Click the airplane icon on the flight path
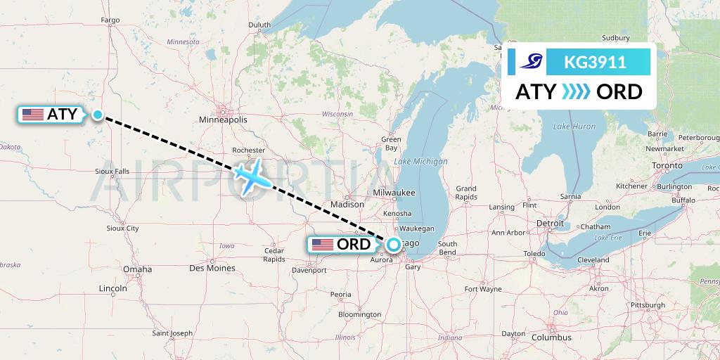coord(250,176)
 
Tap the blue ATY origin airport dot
coord(98,115)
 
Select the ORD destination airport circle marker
coord(394,245)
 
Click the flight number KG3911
coord(596,62)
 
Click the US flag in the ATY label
coord(33,115)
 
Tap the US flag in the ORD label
coord(323,245)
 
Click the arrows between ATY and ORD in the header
coord(575,92)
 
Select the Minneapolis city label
coord(224,120)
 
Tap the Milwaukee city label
coord(394,192)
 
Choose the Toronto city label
coord(667,165)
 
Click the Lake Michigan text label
coord(420,162)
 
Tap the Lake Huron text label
coord(574,127)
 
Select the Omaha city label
coord(137,269)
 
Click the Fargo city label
coord(110,20)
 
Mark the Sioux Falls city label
coord(112,171)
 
